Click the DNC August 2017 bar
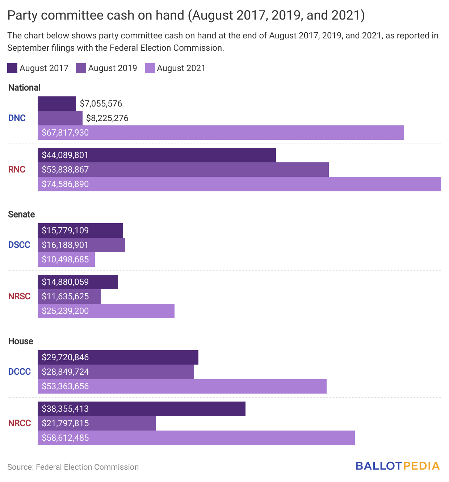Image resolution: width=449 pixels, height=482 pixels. [x=57, y=104]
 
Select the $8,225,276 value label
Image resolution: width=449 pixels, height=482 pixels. [x=107, y=118]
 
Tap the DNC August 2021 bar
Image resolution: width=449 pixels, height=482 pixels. [x=221, y=133]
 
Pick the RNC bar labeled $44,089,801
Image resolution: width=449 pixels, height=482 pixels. [x=157, y=155]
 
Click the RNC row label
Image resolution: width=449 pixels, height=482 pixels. [x=17, y=170]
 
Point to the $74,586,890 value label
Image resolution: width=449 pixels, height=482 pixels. [x=65, y=184]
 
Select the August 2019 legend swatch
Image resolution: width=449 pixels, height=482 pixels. [x=81, y=68]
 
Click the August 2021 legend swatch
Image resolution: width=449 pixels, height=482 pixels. [x=150, y=68]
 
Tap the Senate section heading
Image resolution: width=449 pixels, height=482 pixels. [x=21, y=215]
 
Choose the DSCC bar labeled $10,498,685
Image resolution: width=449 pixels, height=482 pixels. [x=66, y=259]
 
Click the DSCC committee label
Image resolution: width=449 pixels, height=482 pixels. [x=19, y=245]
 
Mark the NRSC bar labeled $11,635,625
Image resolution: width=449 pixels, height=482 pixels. [x=69, y=296]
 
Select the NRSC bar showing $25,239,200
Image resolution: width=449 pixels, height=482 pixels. [x=106, y=311]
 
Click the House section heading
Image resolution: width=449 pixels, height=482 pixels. [x=21, y=341]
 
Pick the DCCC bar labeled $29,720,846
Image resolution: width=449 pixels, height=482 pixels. [x=118, y=357]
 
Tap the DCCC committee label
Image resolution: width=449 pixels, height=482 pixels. [x=20, y=372]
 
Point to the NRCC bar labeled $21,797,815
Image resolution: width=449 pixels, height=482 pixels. [x=97, y=423]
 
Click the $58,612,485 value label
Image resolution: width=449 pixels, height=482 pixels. [x=65, y=438]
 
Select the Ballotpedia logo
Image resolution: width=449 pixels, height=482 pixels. [x=398, y=466]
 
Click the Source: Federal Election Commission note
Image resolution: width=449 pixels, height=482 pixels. [x=73, y=467]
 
